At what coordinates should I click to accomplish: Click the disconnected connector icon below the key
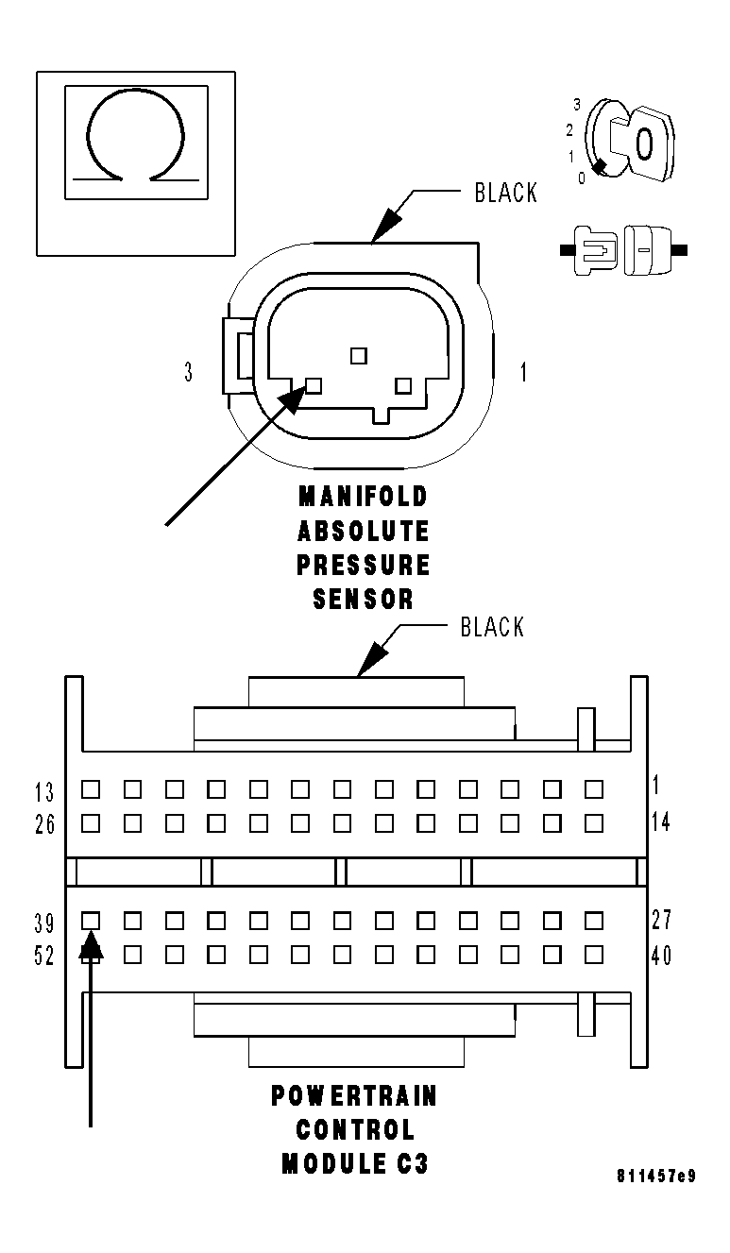coord(623,250)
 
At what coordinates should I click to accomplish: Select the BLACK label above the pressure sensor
coord(505,193)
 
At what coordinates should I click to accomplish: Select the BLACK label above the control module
coord(492,627)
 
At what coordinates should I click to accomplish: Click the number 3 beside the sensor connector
coord(189,372)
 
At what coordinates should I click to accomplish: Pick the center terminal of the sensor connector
coord(358,355)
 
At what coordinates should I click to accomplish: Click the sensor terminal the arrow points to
coord(314,385)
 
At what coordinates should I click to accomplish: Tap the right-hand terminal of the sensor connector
coord(404,385)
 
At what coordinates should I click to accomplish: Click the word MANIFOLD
coord(364,496)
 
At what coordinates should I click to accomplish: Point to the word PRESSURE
coord(364,565)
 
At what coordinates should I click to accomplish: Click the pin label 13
coord(44,791)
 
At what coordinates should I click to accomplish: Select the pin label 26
coord(44,824)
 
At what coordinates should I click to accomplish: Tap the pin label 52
coord(44,957)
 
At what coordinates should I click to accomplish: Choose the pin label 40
coord(661,956)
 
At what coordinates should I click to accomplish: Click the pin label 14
coord(661,823)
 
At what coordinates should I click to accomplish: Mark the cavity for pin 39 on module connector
coord(91,919)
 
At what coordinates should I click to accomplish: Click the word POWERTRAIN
coord(354,1096)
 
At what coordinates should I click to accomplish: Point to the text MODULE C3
coord(354,1164)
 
